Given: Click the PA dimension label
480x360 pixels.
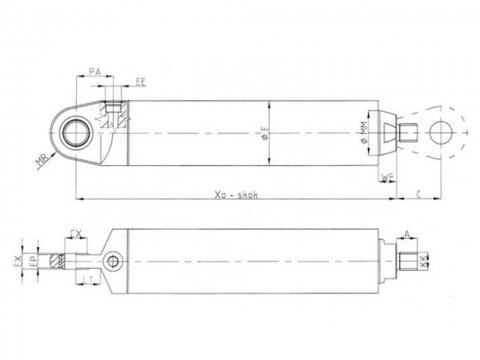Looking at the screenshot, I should (x=93, y=72).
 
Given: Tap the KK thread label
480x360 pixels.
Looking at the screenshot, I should (x=425, y=262).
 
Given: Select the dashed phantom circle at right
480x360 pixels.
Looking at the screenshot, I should (x=440, y=129).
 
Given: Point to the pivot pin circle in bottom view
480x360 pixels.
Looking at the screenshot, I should (x=117, y=262).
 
